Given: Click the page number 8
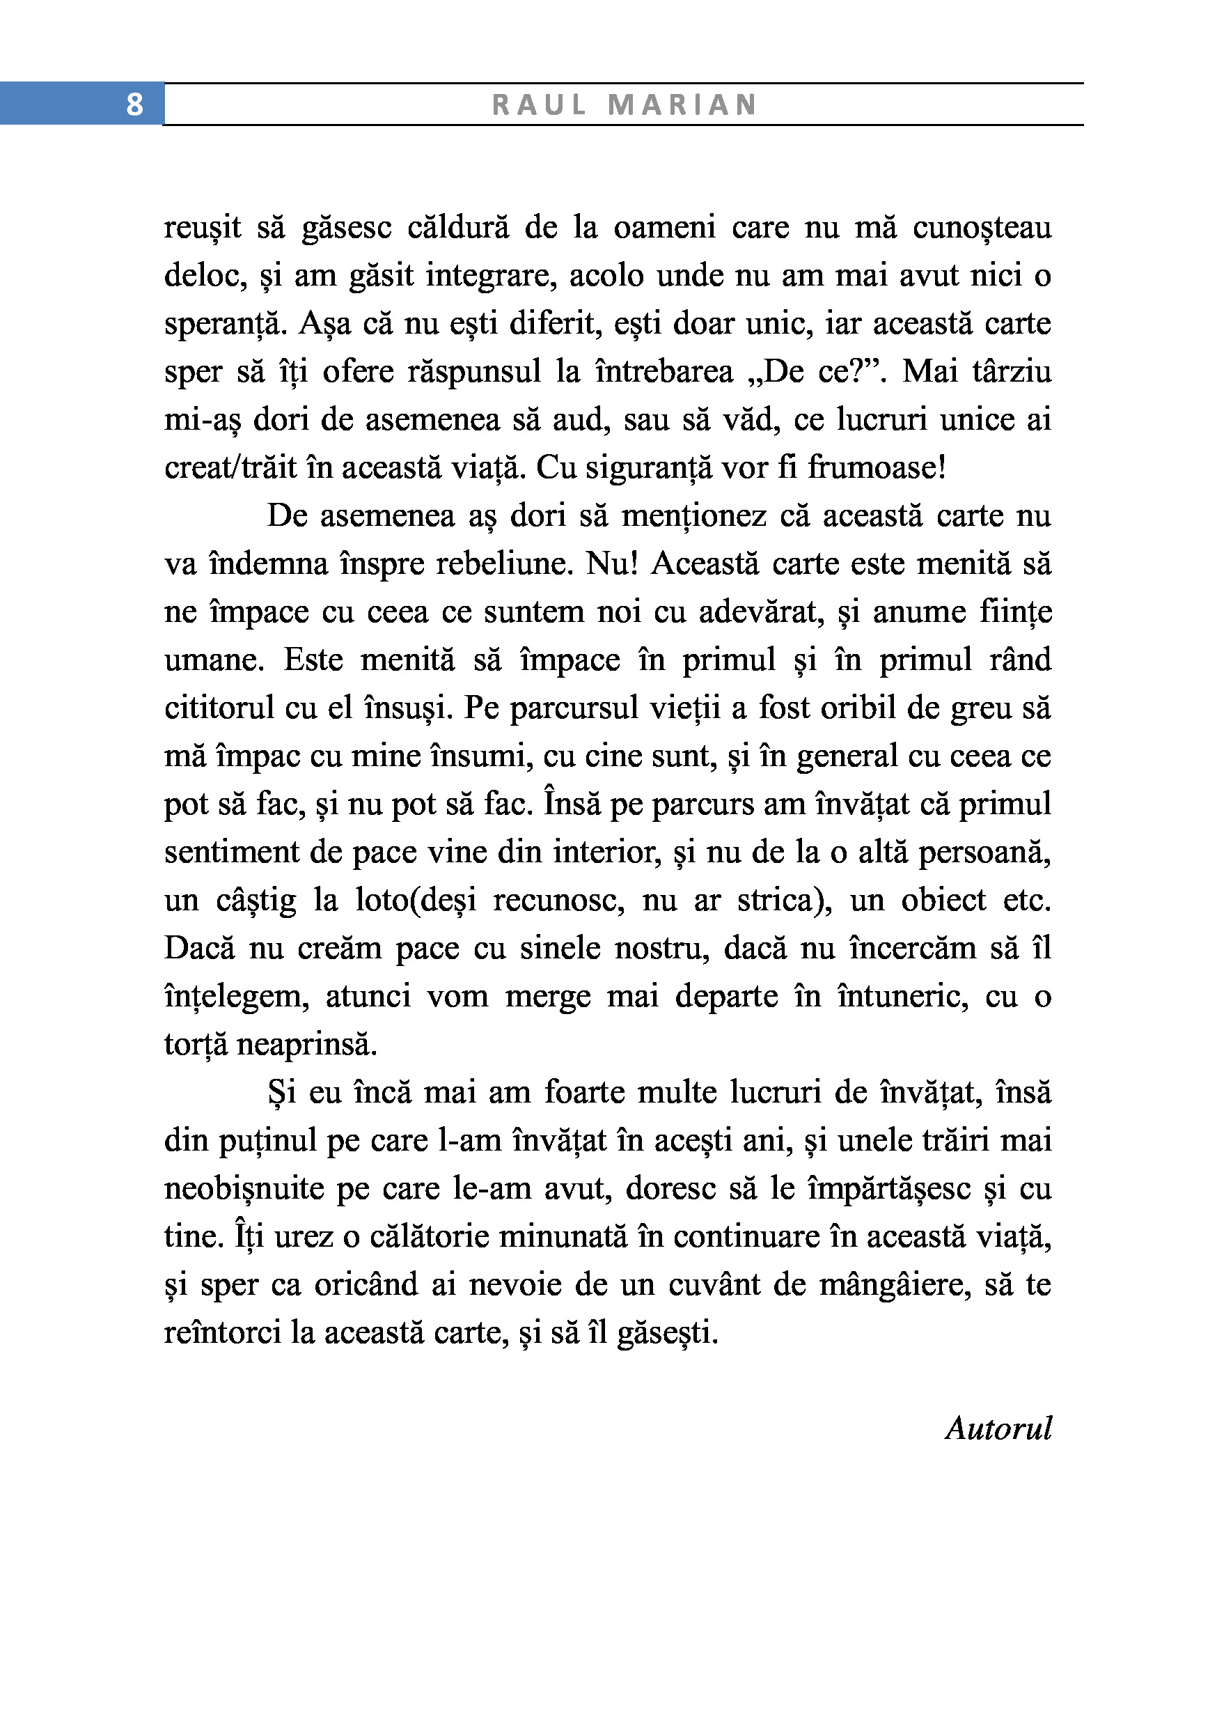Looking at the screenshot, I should tap(134, 104).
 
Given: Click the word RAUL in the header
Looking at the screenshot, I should tap(539, 104).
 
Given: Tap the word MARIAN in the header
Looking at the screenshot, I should tap(682, 104).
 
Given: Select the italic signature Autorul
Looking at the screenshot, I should tap(998, 1429).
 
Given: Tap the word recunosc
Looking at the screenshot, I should tap(558, 901).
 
